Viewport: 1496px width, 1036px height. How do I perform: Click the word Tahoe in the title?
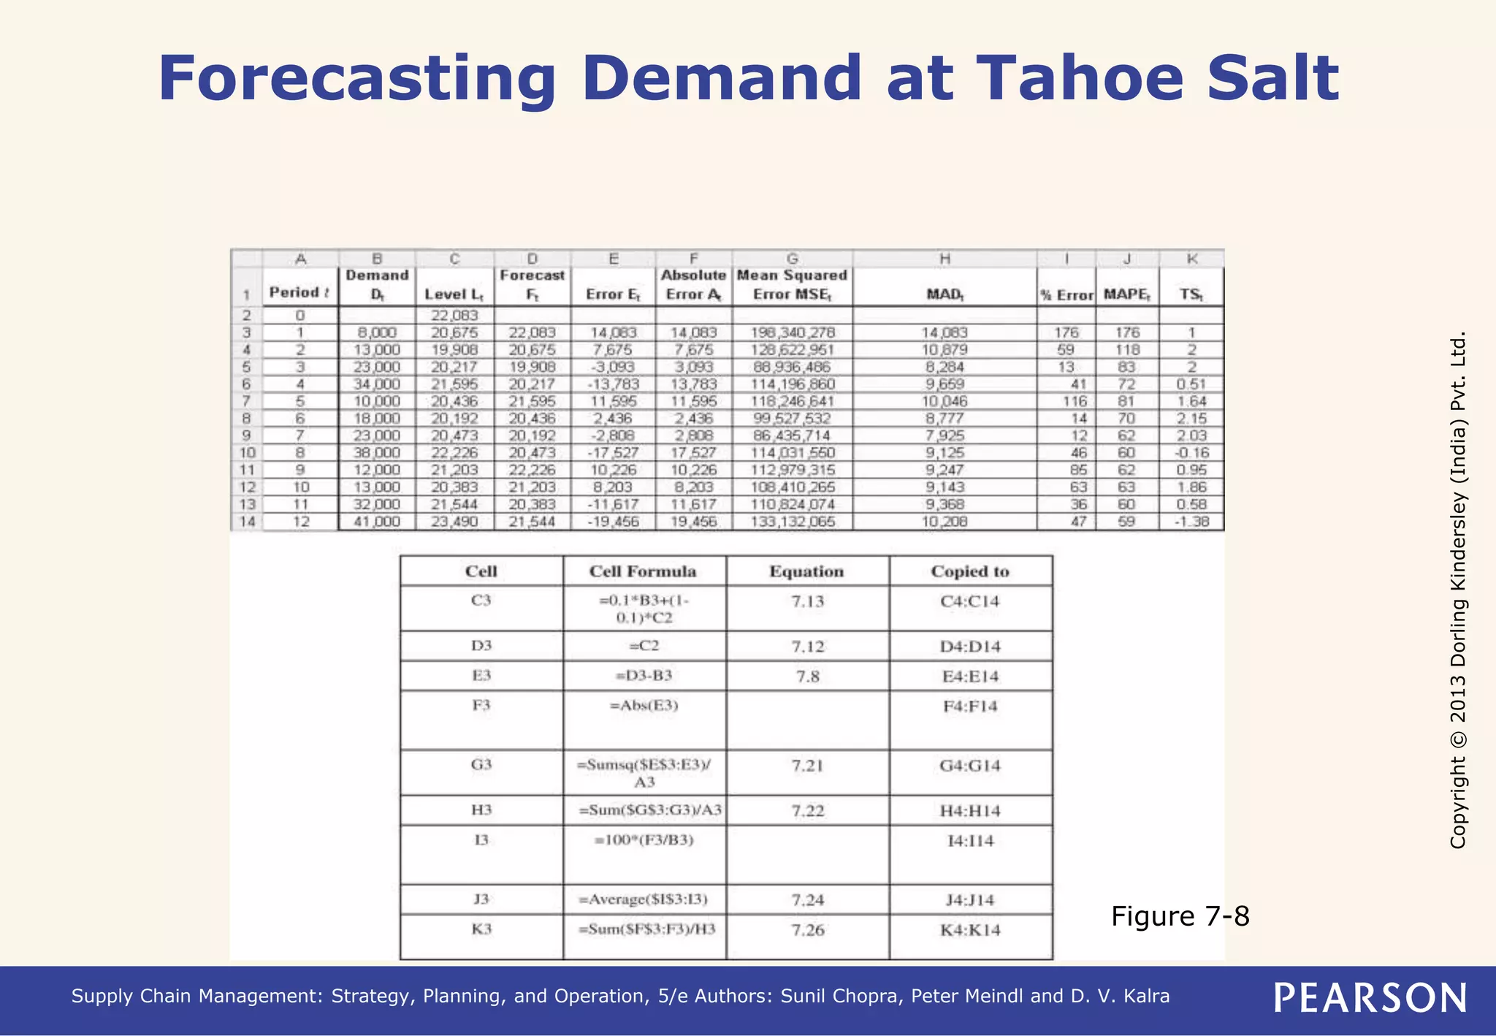pyautogui.click(x=1080, y=79)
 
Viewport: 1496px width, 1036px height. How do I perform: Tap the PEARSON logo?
pyautogui.click(x=1370, y=998)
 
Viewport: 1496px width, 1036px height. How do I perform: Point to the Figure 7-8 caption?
pyautogui.click(x=1180, y=916)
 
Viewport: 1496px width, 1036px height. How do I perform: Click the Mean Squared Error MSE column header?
pyautogui.click(x=792, y=285)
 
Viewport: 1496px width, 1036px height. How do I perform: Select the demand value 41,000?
pyautogui.click(x=377, y=522)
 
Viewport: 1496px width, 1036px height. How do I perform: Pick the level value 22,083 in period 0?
pyautogui.click(x=454, y=316)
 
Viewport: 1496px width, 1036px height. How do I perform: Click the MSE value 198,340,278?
pyautogui.click(x=793, y=332)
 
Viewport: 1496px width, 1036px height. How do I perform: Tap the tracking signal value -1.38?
pyautogui.click(x=1191, y=522)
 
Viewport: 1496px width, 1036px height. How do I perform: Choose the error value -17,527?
pyautogui.click(x=614, y=453)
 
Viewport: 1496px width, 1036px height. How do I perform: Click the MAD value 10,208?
pyautogui.click(x=944, y=522)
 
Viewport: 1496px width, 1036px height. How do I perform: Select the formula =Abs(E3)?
pyautogui.click(x=644, y=706)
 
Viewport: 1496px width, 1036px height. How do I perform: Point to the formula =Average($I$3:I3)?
pyautogui.click(x=644, y=899)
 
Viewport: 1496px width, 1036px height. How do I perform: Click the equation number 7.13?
pyautogui.click(x=807, y=601)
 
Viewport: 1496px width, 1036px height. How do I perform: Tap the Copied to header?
pyautogui.click(x=970, y=571)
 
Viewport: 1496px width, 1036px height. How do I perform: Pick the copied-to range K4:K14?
pyautogui.click(x=970, y=930)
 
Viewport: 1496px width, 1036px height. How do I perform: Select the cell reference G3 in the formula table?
pyautogui.click(x=481, y=765)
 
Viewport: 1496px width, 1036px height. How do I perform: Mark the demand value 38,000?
pyautogui.click(x=377, y=453)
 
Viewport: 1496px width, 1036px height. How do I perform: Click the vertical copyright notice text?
pyautogui.click(x=1458, y=590)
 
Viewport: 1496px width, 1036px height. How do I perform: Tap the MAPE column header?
pyautogui.click(x=1126, y=294)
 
